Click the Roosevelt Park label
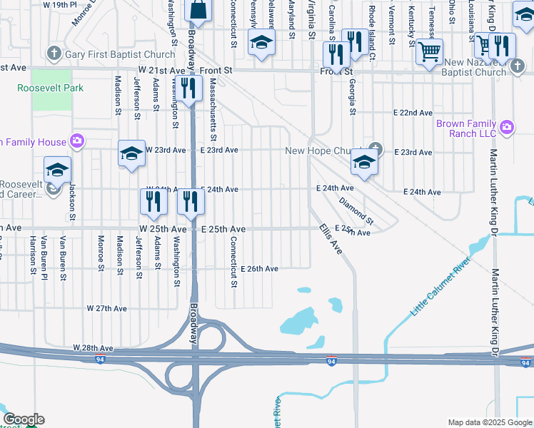51,88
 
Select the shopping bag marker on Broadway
198,11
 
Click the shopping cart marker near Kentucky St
428,51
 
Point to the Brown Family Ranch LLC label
466,128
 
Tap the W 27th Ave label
106,308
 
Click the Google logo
24,419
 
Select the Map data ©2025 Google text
489,422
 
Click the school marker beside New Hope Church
364,164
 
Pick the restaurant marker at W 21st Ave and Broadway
188,88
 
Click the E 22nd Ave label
413,113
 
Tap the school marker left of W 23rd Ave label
132,153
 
